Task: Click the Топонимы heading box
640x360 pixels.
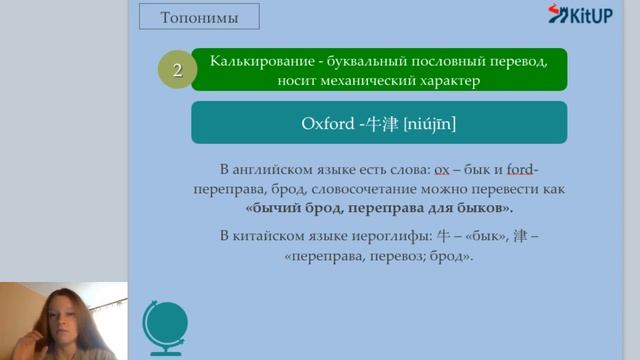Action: [196, 17]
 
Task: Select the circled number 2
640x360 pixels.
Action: [177, 70]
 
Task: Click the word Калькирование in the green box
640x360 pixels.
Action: [258, 61]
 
